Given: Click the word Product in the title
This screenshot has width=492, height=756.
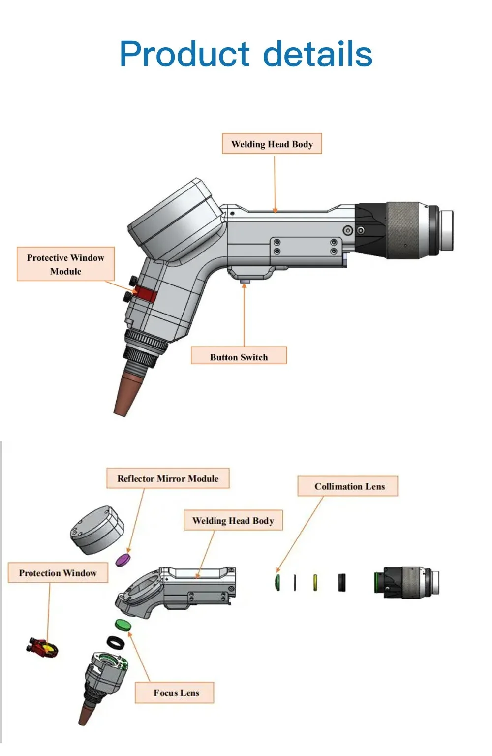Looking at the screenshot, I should point(184,54).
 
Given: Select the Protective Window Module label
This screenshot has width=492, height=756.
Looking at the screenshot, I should point(65,264).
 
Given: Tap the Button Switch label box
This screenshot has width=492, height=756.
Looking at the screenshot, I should point(239,355).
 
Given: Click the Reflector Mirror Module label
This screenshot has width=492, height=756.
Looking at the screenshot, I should point(168,478).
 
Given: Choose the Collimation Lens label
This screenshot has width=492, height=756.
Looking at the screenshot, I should point(349,486).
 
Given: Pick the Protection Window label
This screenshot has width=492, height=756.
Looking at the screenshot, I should point(58,573).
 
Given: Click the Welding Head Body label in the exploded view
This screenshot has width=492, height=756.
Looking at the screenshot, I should point(233,521).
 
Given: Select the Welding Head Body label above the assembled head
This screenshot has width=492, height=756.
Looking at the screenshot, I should point(272,144).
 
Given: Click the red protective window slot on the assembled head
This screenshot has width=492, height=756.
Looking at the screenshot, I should point(146,294).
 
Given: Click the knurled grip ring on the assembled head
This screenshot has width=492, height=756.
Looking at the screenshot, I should point(403,230).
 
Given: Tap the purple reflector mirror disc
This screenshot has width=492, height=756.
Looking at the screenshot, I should point(123,560).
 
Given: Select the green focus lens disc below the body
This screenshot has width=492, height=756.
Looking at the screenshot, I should point(123,625).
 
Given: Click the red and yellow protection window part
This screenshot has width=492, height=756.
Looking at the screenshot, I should point(43,647).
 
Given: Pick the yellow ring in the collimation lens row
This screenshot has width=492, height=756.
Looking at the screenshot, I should point(315,582).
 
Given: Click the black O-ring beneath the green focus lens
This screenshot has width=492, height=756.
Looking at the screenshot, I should point(116,642).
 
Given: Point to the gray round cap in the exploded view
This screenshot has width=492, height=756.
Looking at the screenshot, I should point(96,530).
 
